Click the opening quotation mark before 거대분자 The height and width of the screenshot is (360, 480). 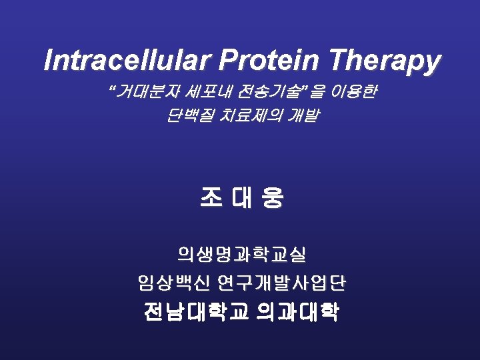point(111,89)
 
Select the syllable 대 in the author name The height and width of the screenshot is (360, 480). point(241,197)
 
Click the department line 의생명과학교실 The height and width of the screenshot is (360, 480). point(241,254)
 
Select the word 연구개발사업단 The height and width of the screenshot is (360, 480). point(281,283)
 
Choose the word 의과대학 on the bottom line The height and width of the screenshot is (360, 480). point(297,312)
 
